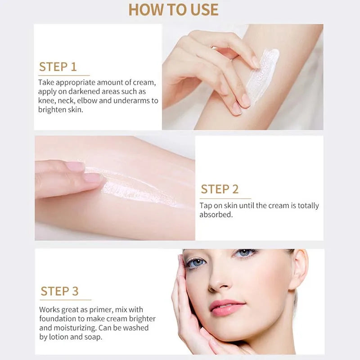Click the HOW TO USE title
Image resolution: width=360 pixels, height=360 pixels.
point(173,9)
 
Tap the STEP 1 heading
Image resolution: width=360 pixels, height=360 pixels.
point(58,67)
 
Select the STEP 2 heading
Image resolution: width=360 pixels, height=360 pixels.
point(220,189)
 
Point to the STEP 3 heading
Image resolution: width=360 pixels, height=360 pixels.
point(59,291)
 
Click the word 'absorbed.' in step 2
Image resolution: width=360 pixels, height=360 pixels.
point(216,215)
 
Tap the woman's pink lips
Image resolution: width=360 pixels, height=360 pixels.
point(227,307)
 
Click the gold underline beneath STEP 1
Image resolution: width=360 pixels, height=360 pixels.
point(64,75)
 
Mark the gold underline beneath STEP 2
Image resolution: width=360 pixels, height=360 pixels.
point(225,198)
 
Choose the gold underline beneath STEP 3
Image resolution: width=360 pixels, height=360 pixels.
point(66,300)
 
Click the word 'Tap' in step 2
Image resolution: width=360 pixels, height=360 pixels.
point(206,206)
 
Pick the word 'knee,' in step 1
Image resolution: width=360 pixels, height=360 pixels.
point(47,101)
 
